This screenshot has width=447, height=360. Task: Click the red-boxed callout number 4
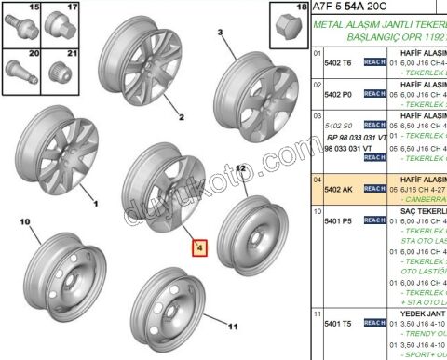197,248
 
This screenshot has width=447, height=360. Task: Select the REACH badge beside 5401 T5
374,323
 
